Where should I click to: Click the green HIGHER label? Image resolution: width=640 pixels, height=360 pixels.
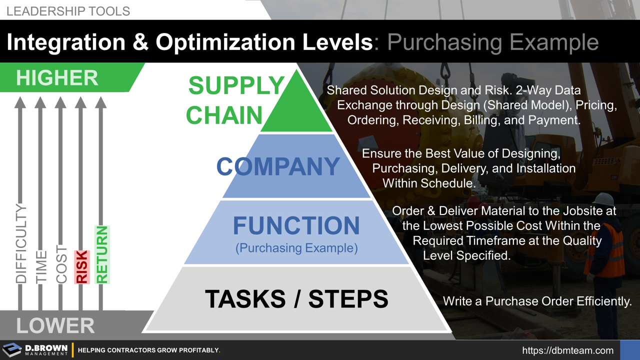(57, 78)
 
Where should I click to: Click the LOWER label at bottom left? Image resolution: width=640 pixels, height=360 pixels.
(55, 326)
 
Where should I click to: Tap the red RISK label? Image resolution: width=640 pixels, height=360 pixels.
(81, 267)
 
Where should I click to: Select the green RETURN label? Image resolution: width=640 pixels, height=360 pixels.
(102, 255)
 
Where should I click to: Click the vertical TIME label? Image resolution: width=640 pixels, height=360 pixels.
(41, 267)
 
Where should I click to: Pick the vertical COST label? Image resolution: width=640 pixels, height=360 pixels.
(61, 264)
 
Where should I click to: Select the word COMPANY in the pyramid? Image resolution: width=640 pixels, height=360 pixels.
(278, 166)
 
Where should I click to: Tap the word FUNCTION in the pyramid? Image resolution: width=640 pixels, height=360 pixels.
(296, 226)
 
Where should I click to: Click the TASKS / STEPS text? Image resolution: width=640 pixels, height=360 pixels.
(296, 298)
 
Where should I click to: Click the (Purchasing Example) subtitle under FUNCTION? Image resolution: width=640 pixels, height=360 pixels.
(296, 248)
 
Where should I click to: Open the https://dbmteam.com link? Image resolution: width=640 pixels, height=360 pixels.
(567, 350)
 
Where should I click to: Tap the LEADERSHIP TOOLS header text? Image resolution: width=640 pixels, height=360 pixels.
(68, 11)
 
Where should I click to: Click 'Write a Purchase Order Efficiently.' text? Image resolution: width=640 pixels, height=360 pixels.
(537, 301)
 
